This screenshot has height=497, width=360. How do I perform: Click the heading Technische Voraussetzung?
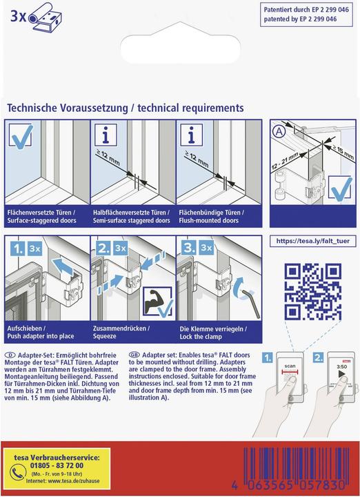click(x=68, y=108)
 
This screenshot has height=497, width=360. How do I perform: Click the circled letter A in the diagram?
click(x=279, y=131)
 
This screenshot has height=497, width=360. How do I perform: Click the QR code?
click(x=313, y=291)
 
